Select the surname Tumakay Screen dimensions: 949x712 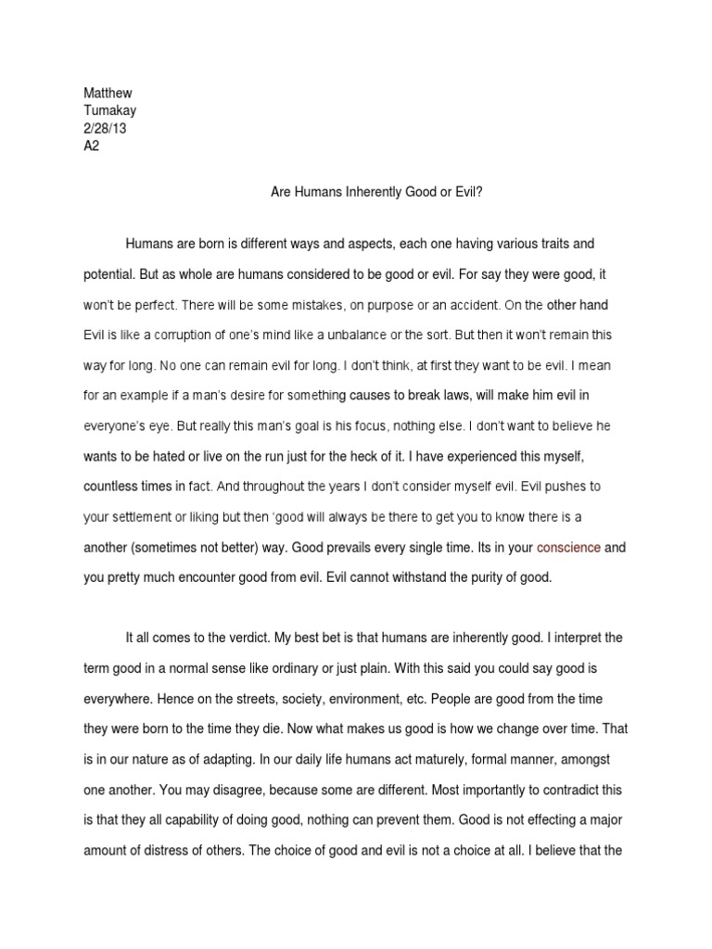[x=109, y=112]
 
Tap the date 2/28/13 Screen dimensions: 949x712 [x=105, y=129]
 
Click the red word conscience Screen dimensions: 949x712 [x=568, y=548]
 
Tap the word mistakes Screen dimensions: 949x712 [x=328, y=303]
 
